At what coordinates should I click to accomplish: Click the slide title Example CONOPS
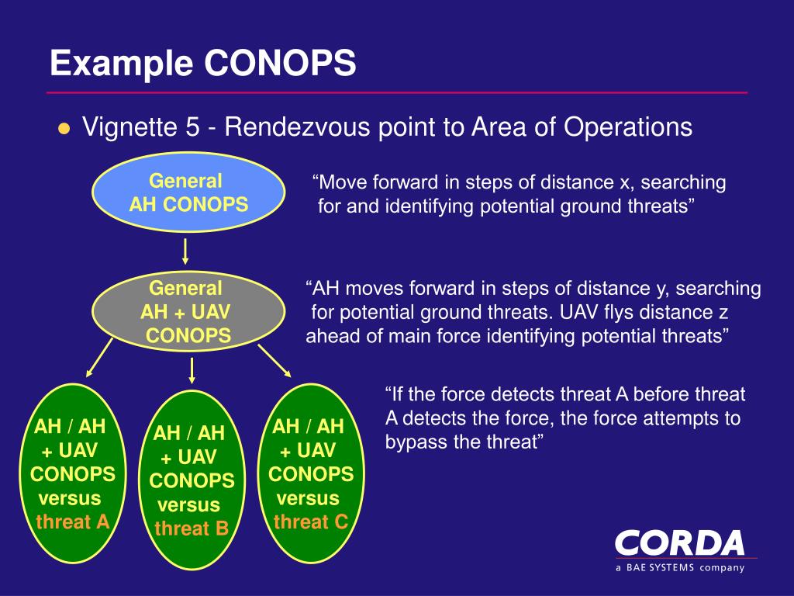203,63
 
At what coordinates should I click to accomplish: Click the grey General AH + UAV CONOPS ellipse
188,312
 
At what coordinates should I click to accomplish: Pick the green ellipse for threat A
72,473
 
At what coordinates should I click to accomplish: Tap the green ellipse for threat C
311,473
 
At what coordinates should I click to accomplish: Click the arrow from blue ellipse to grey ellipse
186,252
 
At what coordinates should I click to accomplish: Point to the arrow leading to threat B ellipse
192,370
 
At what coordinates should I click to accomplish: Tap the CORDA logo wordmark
680,542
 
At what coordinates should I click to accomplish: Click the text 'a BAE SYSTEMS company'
680,567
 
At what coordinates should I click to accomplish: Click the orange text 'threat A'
72,521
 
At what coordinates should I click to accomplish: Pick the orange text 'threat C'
311,521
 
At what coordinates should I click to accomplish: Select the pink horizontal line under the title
397,92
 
